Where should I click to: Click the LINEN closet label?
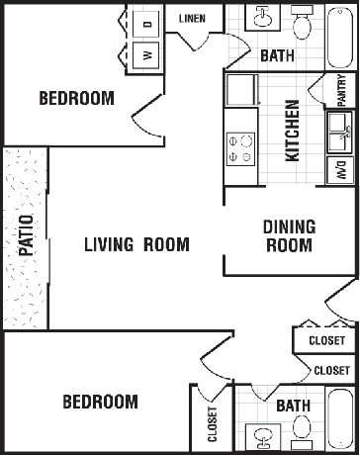coord(192,19)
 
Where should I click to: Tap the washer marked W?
coord(146,55)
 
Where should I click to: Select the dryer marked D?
coord(146,24)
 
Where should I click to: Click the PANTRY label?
coord(342,90)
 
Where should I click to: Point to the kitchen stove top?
coord(240,149)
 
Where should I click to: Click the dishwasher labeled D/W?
coord(341,170)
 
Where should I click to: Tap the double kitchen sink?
coord(340,134)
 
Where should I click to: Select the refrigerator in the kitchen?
coord(241,90)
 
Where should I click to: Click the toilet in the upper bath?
coord(302,23)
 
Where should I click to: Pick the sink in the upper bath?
coord(262,17)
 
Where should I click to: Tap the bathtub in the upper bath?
coord(340,38)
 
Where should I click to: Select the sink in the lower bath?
coord(263,437)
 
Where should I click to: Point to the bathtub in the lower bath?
coord(340,418)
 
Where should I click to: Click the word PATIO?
coord(26,235)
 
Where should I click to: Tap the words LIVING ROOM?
coord(136,244)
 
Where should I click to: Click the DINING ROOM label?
coord(289,235)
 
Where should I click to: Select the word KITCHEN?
coord(292,131)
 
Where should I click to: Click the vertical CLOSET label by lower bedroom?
coord(213,424)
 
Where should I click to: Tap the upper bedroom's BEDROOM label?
coord(76,98)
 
